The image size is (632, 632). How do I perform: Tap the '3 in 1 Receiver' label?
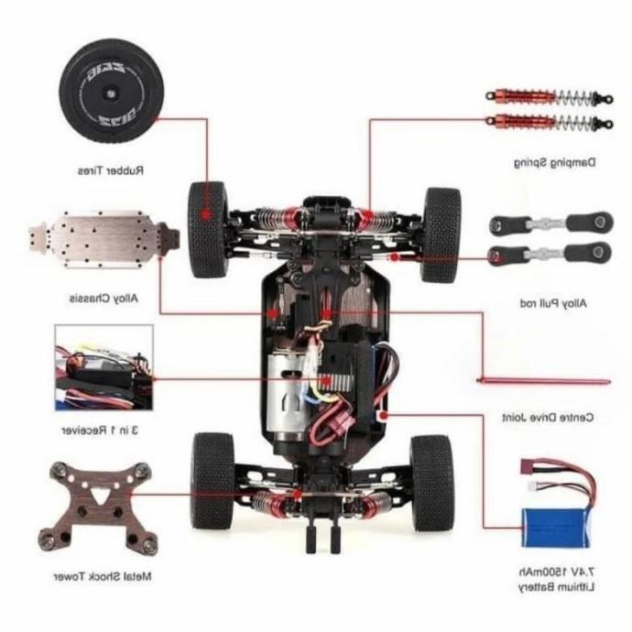pyautogui.click(x=102, y=430)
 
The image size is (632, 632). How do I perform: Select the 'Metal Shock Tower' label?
pyautogui.click(x=104, y=577)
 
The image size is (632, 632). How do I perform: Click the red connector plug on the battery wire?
pyautogui.click(x=529, y=465)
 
